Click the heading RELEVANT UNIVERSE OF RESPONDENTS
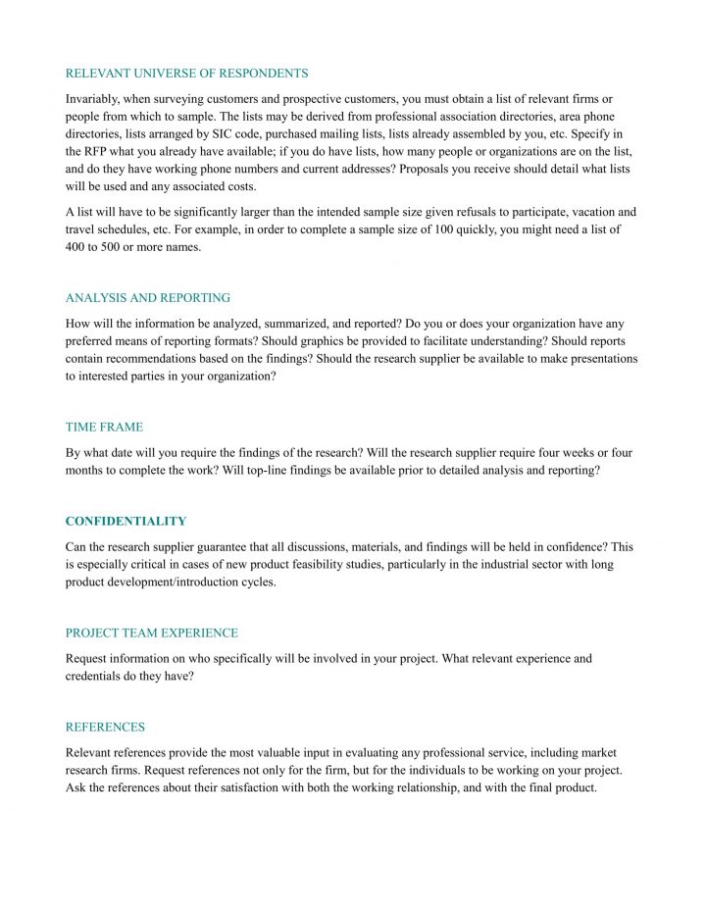click(186, 74)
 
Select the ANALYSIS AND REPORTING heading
click(148, 297)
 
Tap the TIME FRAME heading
click(104, 427)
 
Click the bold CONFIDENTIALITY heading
click(126, 521)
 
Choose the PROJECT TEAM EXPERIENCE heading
click(152, 633)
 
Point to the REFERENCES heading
click(105, 727)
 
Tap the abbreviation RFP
click(98, 152)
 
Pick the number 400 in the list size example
click(76, 246)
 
